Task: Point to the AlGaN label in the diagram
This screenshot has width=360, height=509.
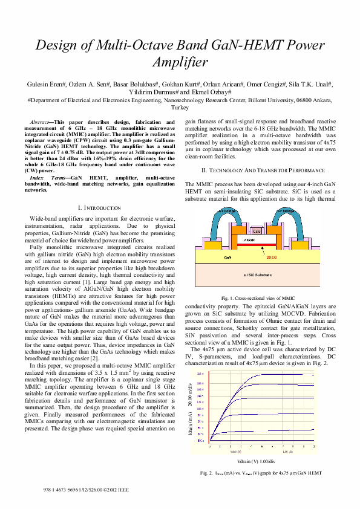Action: point(249,239)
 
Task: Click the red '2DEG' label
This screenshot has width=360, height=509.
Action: point(271,256)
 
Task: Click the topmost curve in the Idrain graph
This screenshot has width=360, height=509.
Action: point(284,358)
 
